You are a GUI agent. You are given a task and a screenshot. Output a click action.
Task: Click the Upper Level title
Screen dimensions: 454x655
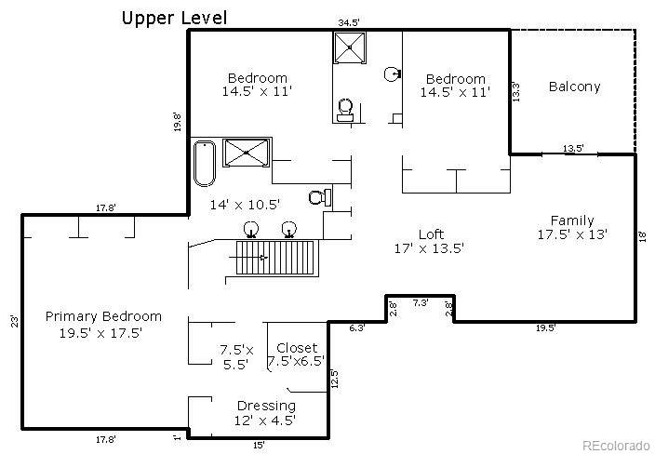[x=174, y=18]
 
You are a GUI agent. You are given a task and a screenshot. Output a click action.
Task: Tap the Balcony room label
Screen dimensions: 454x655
[x=574, y=87]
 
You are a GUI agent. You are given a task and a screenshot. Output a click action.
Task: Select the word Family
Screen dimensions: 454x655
[x=571, y=220]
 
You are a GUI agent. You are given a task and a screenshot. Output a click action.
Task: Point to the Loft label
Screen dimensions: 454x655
[x=430, y=234]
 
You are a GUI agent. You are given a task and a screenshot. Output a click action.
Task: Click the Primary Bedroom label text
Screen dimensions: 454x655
[x=103, y=316]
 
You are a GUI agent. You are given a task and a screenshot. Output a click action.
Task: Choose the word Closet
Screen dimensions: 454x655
[x=296, y=348]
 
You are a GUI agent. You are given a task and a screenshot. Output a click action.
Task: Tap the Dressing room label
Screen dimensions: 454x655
[x=266, y=406]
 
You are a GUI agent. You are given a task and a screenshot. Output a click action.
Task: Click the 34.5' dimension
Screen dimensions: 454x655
[x=349, y=21]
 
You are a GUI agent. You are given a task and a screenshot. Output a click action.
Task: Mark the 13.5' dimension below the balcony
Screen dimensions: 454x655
[x=573, y=148]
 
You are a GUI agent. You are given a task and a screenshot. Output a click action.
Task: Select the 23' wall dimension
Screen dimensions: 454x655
[x=14, y=322]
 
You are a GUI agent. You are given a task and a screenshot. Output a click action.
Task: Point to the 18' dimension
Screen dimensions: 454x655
[x=643, y=236]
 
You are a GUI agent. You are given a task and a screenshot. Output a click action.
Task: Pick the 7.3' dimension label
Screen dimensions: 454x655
[x=420, y=302]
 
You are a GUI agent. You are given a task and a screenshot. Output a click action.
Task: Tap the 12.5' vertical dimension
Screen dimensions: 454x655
[x=334, y=380]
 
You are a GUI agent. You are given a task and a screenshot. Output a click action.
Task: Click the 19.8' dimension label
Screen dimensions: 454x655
[x=177, y=123]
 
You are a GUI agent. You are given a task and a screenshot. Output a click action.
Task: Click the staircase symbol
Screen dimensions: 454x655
[x=274, y=257]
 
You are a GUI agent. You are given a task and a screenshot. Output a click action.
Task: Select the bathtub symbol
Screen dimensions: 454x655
[x=205, y=163]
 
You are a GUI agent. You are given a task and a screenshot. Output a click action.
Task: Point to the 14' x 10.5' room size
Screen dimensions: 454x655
[x=245, y=203]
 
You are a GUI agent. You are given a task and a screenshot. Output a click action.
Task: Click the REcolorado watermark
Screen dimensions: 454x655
[x=616, y=445]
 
